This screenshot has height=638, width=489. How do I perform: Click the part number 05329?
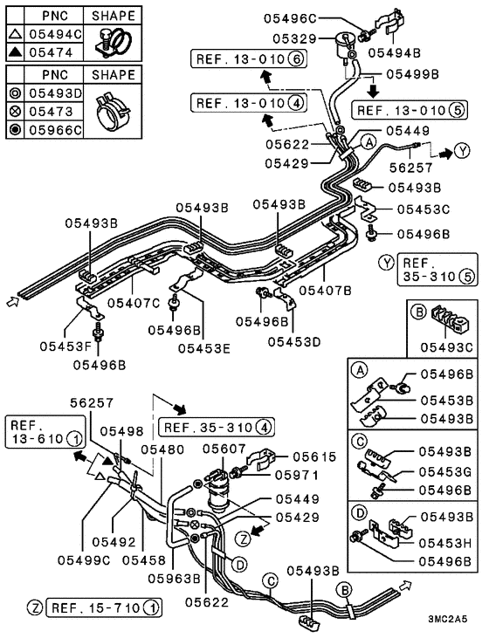[294, 38]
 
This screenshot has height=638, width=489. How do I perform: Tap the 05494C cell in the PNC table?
[55, 34]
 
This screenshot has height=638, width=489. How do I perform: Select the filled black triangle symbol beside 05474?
[16, 52]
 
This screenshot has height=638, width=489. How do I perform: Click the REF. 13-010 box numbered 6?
[249, 59]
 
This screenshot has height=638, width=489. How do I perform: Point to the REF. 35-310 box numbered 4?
[217, 428]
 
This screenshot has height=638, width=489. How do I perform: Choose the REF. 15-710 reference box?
[104, 608]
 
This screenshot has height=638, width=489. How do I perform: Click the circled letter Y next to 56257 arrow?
[462, 151]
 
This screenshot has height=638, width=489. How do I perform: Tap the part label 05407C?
[134, 303]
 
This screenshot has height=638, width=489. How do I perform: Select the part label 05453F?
[66, 346]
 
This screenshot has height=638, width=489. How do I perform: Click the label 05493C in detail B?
[447, 347]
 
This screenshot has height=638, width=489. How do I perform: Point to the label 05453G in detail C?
[445, 471]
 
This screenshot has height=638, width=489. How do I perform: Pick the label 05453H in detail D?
[445, 543]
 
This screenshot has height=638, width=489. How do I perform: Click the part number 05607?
[224, 449]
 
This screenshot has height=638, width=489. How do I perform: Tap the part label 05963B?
[175, 578]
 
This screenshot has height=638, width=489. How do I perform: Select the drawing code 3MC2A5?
[447, 620]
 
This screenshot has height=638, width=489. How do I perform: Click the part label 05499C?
[84, 560]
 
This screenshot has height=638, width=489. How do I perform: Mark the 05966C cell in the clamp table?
[55, 130]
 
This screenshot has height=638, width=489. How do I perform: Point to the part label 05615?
[314, 456]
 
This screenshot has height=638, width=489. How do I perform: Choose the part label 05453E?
[204, 348]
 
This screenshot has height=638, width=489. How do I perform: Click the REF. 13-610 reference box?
[45, 432]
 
